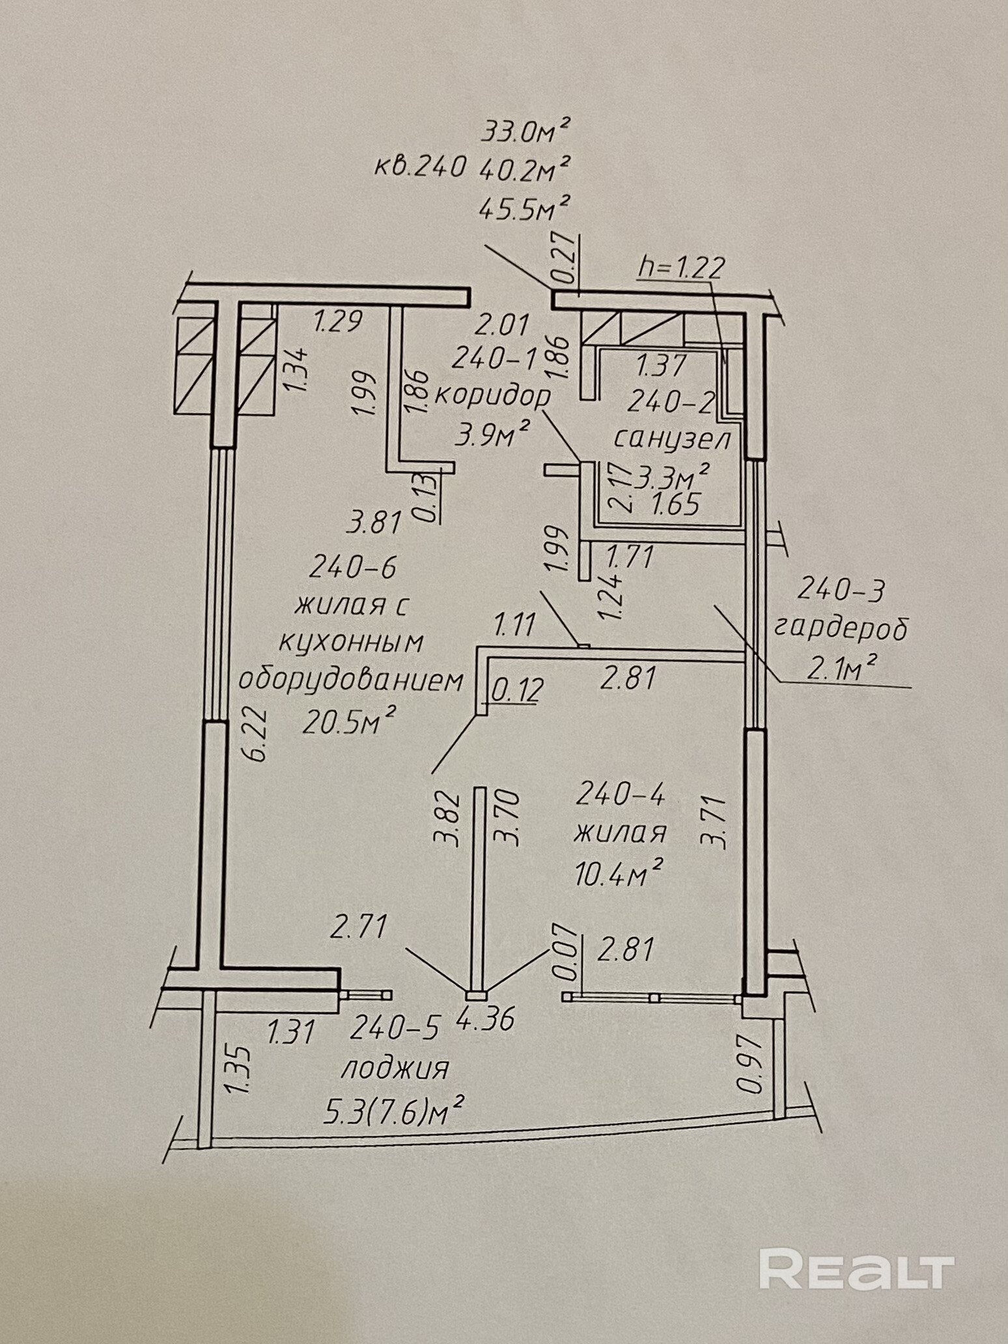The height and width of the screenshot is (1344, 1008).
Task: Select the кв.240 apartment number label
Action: point(420,168)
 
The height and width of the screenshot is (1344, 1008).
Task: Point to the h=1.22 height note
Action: point(680,268)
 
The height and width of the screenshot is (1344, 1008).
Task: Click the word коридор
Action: point(492,397)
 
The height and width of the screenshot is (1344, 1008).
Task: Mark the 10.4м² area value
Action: point(619,874)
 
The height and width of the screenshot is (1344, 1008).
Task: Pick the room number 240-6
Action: point(353,568)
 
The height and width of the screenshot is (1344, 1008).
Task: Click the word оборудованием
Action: point(352,681)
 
